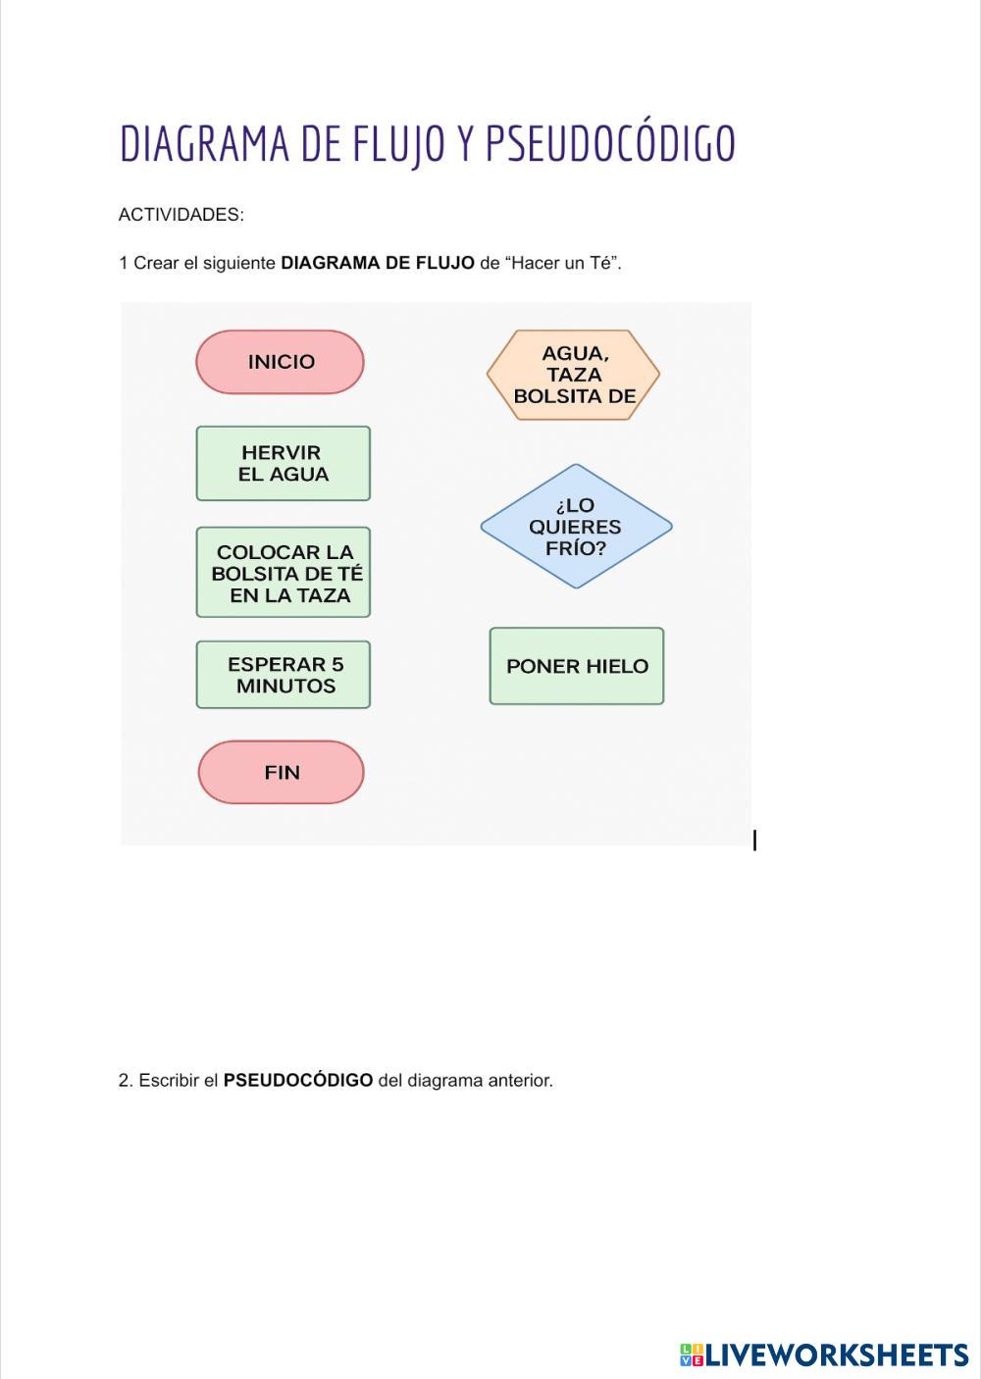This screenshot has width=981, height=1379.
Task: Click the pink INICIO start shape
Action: (x=280, y=362)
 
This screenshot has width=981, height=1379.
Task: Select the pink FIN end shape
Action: (x=281, y=772)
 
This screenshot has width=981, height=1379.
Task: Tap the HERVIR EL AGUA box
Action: (x=283, y=463)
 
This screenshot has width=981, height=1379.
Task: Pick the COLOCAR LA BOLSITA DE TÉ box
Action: (x=283, y=573)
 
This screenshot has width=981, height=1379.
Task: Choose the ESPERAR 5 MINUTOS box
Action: (x=283, y=675)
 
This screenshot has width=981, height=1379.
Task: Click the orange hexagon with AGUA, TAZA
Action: (x=573, y=375)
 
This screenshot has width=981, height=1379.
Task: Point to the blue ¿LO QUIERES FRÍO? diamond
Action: (x=576, y=527)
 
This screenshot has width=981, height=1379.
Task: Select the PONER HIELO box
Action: (x=576, y=666)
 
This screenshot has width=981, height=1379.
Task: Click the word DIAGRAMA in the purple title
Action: (x=204, y=144)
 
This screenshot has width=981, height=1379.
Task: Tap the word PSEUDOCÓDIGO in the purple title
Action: (x=609, y=144)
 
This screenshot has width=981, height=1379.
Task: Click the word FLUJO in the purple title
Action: (x=399, y=144)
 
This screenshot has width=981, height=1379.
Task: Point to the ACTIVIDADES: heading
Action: (x=181, y=215)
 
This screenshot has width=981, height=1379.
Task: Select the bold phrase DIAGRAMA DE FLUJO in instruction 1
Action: (x=378, y=263)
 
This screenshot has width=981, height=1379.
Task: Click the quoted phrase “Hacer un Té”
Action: (x=563, y=263)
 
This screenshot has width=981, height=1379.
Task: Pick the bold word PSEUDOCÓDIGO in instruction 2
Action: (x=298, y=1081)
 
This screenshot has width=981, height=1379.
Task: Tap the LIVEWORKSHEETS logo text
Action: (x=837, y=1355)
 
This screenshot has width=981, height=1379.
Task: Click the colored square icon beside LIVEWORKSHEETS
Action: (x=692, y=1355)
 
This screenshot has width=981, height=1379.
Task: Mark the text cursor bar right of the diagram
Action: (x=754, y=841)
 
